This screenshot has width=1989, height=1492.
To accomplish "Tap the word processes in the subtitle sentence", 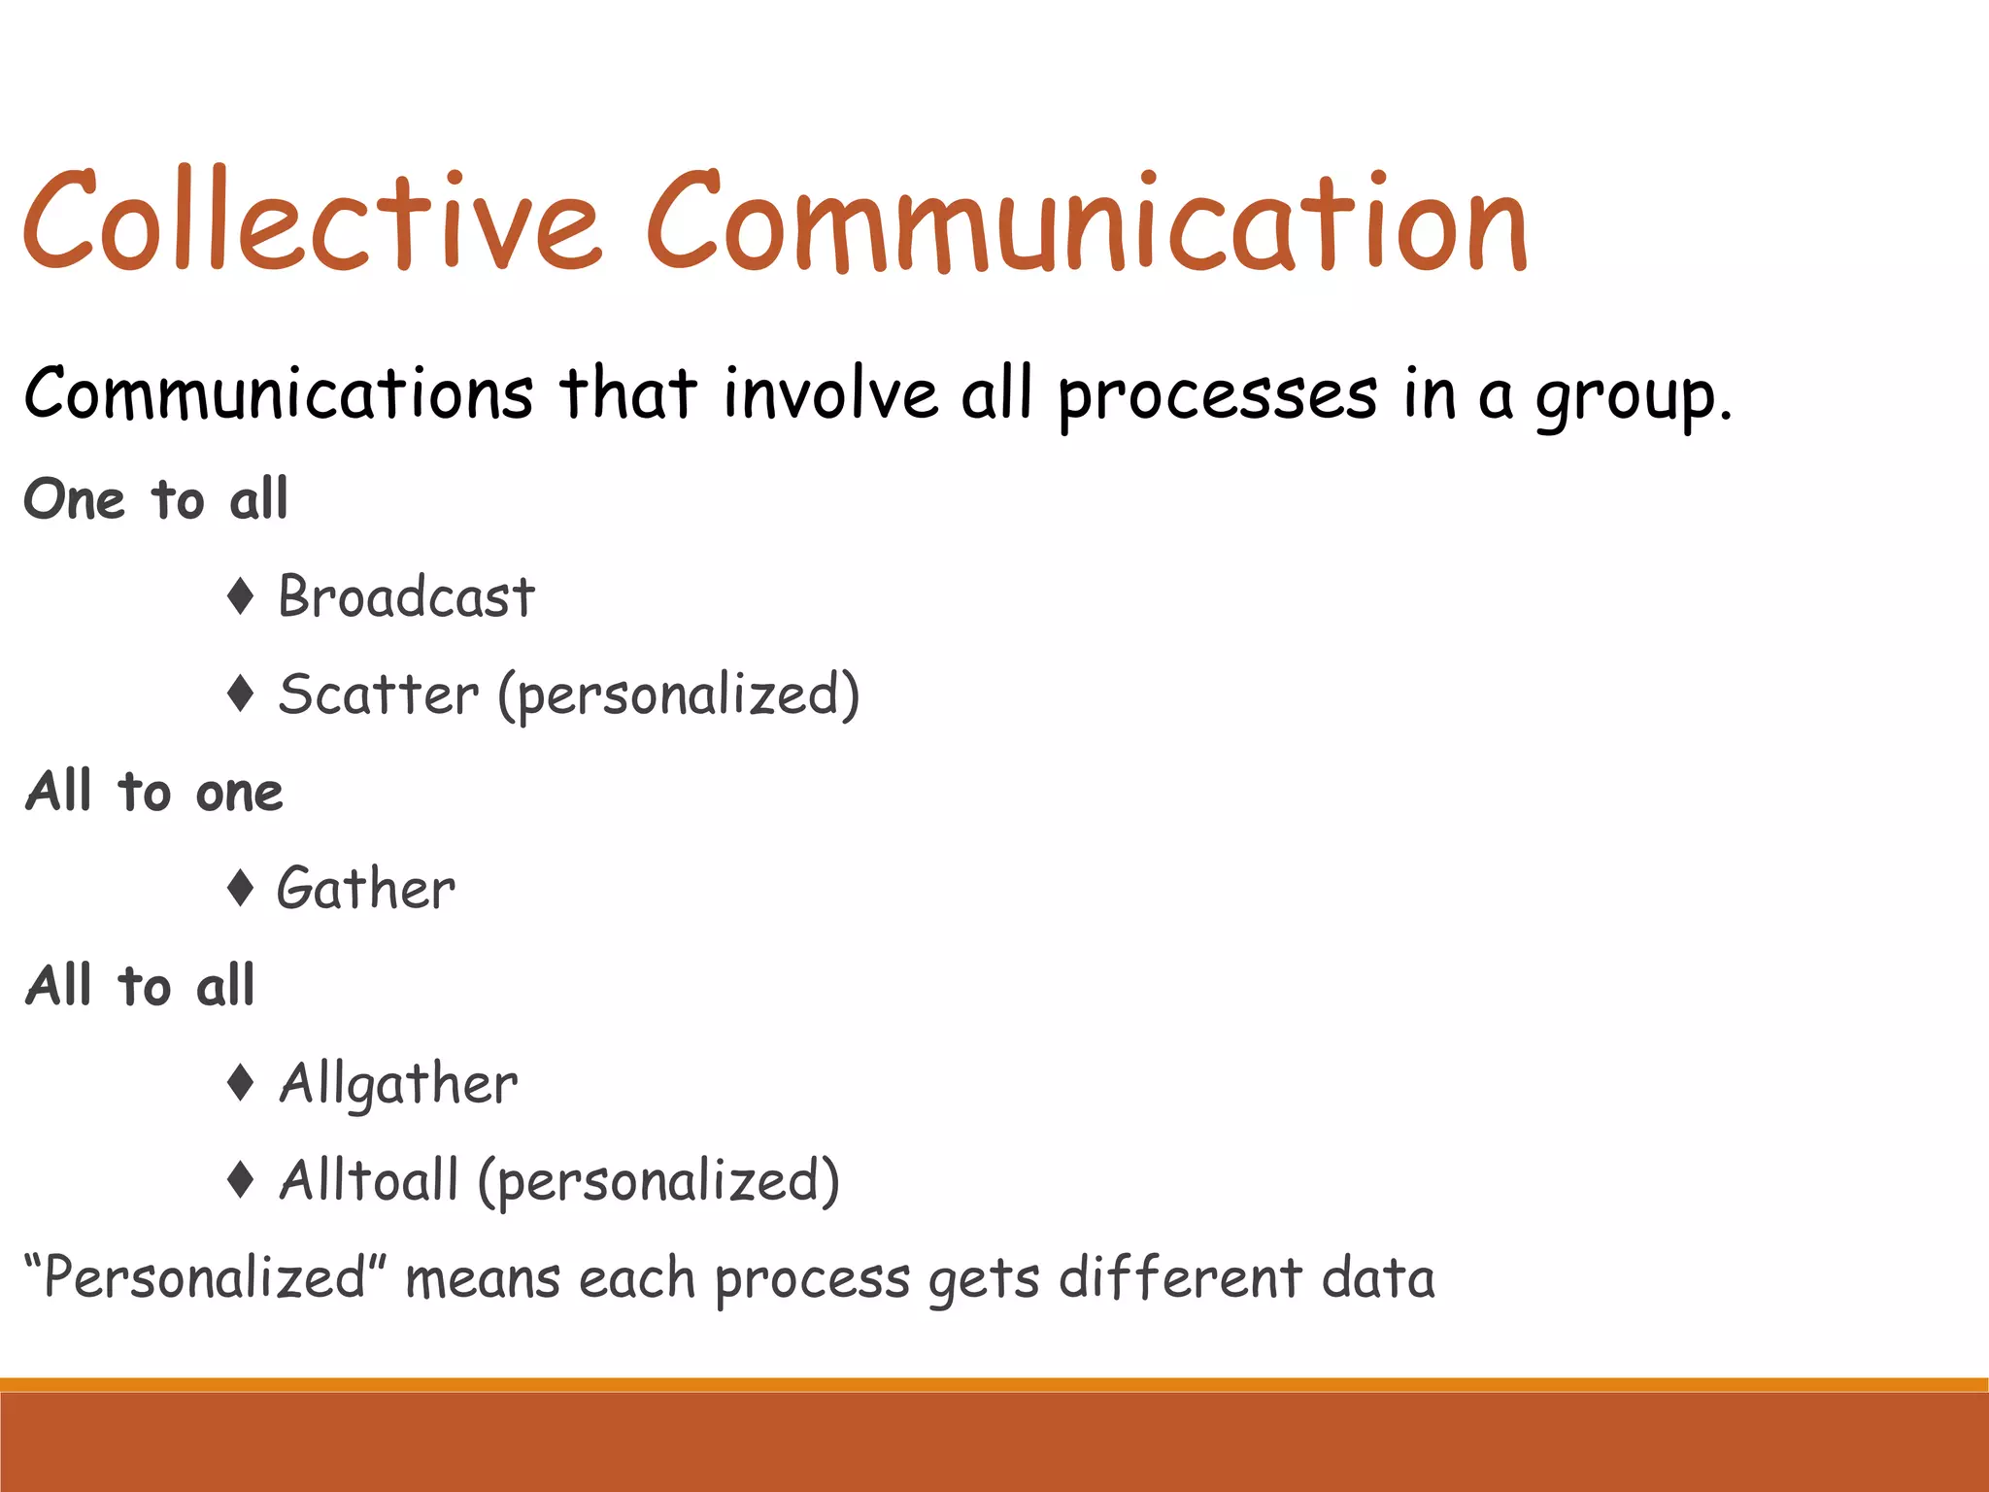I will pos(1217,396).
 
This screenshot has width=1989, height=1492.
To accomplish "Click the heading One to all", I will pos(155,499).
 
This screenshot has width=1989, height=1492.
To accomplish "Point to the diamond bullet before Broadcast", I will pos(240,595).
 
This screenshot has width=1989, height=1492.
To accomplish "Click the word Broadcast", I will pos(406,596).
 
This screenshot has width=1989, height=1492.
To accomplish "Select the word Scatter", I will pos(379,695).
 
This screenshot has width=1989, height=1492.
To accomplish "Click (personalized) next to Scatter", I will pos(679,695).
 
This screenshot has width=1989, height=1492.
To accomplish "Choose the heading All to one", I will pos(153,791).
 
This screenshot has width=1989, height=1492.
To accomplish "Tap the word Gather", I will pos(366,889).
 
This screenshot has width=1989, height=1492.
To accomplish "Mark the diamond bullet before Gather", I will pos(240,888).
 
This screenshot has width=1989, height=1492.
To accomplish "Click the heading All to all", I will pos(140,986).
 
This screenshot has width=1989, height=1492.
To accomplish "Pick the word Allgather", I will pos(398,1085).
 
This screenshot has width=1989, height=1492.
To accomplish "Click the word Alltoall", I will pos(368,1180).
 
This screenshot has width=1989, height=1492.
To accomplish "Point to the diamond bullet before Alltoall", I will pos(240,1179).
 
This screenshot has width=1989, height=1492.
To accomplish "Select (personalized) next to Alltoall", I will pos(658,1181).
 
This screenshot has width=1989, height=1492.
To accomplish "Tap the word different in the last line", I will pos(1179,1277).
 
